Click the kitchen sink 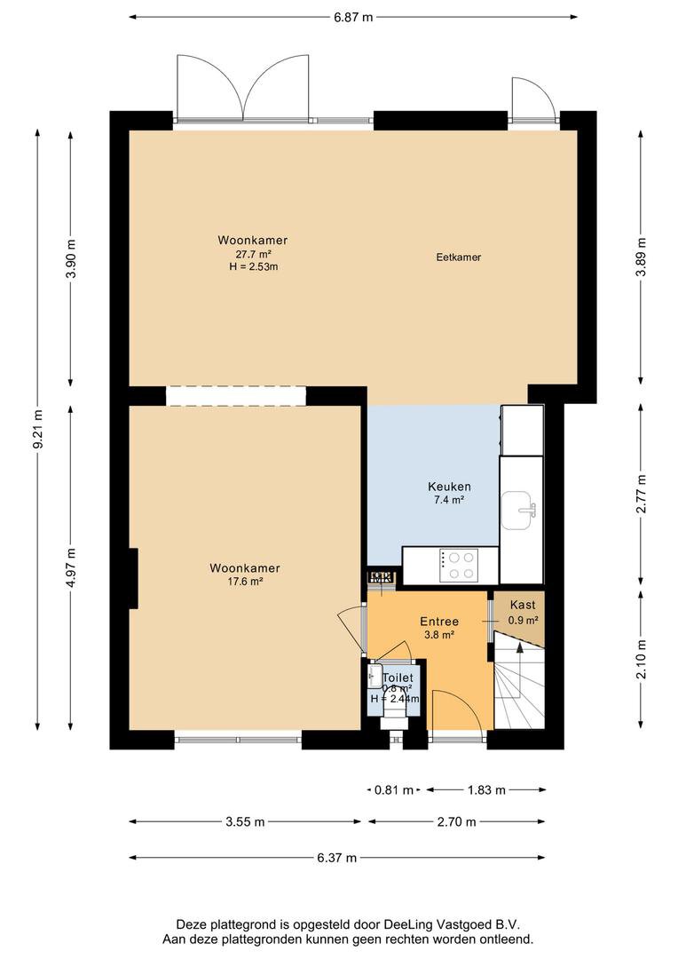click(518, 510)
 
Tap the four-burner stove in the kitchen click(458, 566)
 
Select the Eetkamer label click(459, 258)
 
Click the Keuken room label click(449, 487)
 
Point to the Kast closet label click(523, 605)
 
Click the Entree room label click(439, 622)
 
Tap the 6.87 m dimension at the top click(353, 17)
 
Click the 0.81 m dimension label click(394, 789)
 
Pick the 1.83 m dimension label click(486, 789)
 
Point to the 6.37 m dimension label click(337, 858)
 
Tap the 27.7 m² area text click(253, 254)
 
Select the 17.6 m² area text click(245, 581)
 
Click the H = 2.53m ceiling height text click(253, 266)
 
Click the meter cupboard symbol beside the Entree click(382, 577)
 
